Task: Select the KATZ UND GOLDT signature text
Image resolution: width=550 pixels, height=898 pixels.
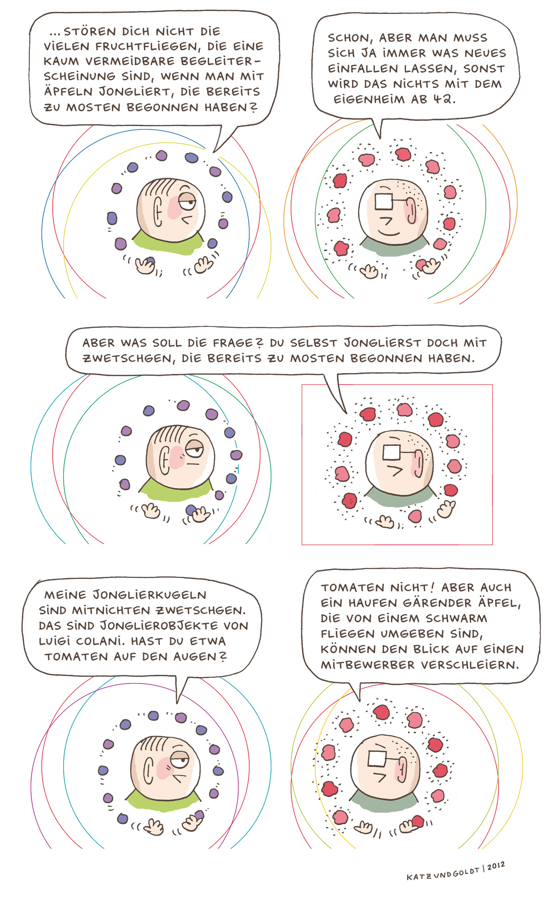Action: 443,873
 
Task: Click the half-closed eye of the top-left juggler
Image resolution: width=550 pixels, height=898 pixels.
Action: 187,201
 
